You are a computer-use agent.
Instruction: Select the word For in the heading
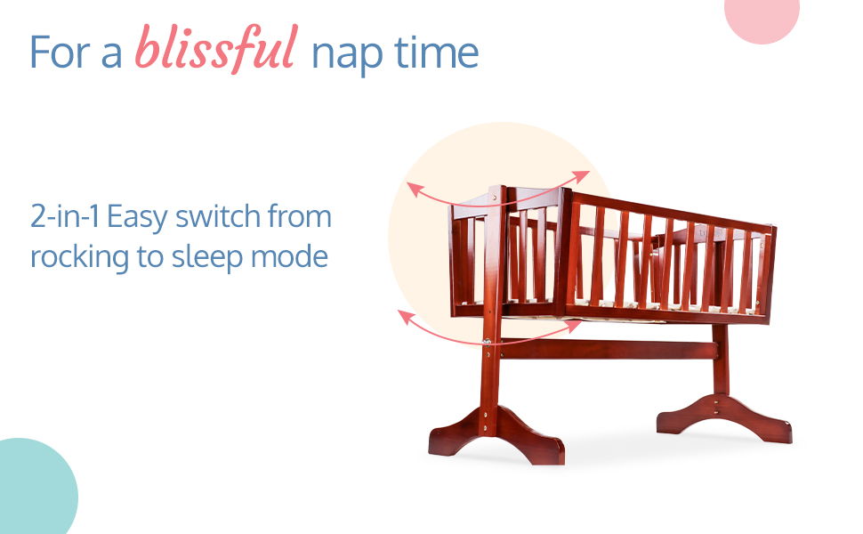60,53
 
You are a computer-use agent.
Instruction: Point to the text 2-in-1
65,215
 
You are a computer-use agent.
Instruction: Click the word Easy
137,218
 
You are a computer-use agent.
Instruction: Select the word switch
218,215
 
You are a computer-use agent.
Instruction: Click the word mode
289,256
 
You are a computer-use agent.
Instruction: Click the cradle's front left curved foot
496,434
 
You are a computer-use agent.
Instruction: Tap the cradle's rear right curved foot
724,417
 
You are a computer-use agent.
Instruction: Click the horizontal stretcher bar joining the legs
609,350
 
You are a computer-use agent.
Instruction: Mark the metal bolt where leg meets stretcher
487,342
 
